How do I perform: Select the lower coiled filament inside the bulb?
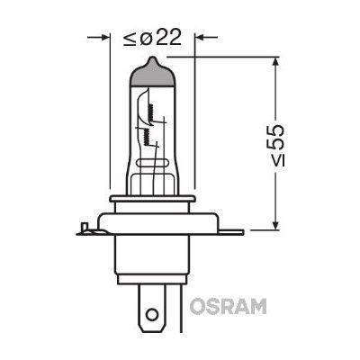tap(140, 134)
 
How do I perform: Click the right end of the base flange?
tap(238, 232)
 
